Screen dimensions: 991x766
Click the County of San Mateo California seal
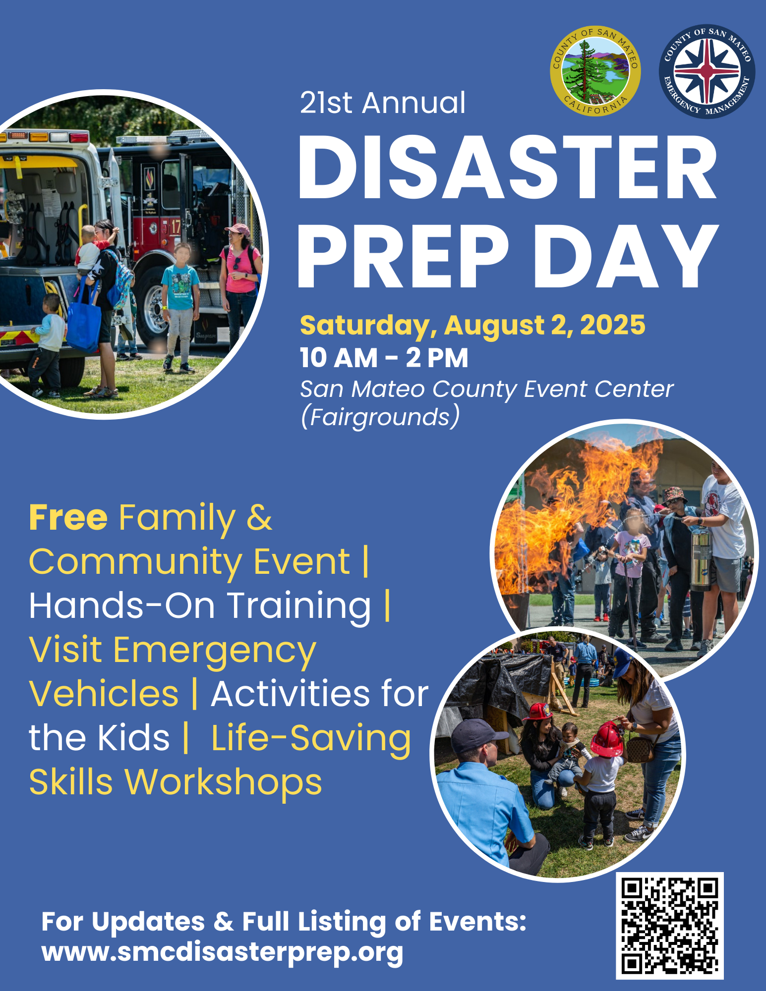(x=595, y=71)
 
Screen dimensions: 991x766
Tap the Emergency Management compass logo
(x=707, y=71)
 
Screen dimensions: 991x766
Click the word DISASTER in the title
(x=507, y=167)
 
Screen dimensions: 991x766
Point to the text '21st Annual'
(x=382, y=103)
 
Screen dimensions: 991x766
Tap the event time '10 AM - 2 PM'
(x=384, y=358)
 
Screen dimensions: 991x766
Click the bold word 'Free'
(x=68, y=517)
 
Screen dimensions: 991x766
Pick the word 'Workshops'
(x=223, y=782)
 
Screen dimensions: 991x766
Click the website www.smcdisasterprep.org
(x=222, y=952)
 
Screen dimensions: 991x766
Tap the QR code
(x=669, y=926)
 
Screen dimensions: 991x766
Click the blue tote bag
(x=83, y=325)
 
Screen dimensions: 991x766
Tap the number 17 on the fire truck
(x=176, y=227)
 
